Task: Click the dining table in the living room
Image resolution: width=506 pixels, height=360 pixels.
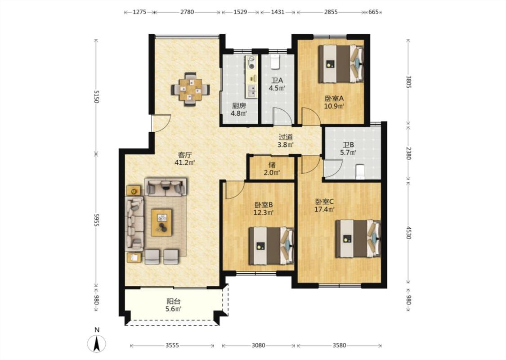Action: coord(190,89)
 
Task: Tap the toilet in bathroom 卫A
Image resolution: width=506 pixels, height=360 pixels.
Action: coord(275,62)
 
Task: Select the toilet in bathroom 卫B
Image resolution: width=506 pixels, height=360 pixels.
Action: coord(359,171)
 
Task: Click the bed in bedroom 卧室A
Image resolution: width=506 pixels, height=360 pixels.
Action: coord(341,64)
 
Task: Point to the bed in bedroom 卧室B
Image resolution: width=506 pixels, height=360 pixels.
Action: coord(271,246)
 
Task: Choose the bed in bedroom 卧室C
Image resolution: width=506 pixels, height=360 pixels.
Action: coord(358,238)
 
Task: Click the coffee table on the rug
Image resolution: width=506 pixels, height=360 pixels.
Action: coord(161,222)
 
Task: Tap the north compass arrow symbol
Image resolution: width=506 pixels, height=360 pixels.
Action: coord(97,343)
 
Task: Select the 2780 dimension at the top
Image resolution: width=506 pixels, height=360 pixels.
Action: coord(187,12)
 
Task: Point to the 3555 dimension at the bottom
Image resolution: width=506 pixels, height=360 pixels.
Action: coord(172,346)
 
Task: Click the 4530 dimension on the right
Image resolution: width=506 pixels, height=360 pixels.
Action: coord(408,233)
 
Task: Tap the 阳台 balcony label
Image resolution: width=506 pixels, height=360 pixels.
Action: coord(173,301)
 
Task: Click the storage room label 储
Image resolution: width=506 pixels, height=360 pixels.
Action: coord(272,165)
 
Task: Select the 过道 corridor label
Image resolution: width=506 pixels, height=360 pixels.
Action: coord(286,137)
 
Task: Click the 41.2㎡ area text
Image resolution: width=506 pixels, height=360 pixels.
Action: coord(184,162)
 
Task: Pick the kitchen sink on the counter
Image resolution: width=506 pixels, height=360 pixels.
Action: coord(251,91)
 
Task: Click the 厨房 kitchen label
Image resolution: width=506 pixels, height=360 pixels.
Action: coord(239,106)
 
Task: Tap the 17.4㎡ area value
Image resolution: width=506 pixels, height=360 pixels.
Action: coord(324,210)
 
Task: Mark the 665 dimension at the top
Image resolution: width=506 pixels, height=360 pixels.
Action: coord(373,12)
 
